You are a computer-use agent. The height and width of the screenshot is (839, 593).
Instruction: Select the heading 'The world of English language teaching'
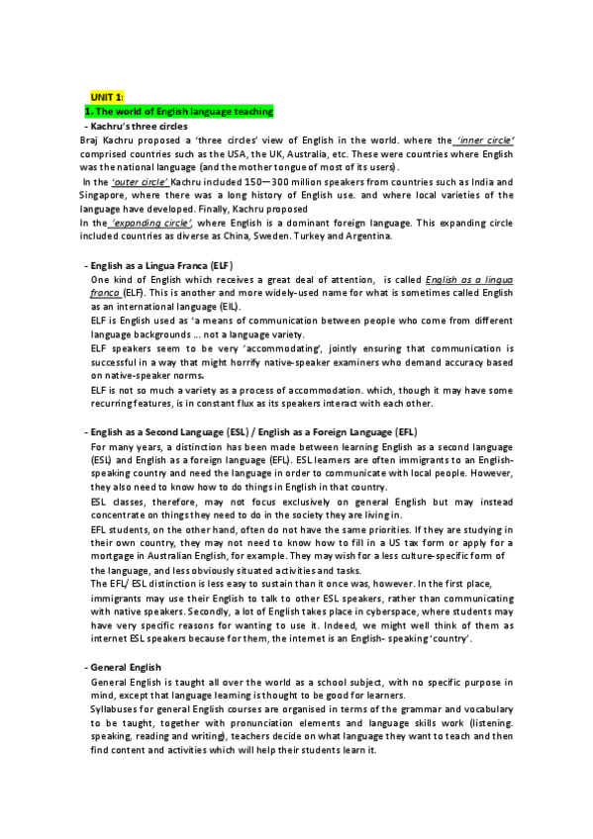[183, 112]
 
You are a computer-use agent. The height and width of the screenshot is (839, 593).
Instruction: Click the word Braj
[88, 140]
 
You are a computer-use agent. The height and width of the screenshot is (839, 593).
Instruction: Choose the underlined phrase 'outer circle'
[140, 182]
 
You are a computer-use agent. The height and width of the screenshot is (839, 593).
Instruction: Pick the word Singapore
[103, 196]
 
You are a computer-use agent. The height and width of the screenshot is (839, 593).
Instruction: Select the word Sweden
[265, 237]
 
